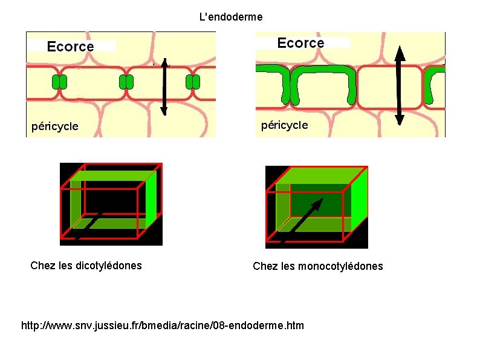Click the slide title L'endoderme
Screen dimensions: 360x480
231,17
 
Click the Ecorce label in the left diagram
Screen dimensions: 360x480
71,47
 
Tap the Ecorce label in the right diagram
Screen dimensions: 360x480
300,43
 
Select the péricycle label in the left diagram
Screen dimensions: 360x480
55,126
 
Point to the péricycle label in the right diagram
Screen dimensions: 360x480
284,125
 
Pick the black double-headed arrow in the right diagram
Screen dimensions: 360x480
399,85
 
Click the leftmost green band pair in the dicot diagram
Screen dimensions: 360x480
59,82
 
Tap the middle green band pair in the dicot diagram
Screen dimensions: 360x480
126,82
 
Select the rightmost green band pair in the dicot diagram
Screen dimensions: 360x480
192,82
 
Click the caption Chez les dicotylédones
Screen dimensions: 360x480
86,265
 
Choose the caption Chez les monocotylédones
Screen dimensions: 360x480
317,266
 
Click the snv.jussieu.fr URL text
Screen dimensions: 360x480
163,326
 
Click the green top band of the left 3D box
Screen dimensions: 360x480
109,175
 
